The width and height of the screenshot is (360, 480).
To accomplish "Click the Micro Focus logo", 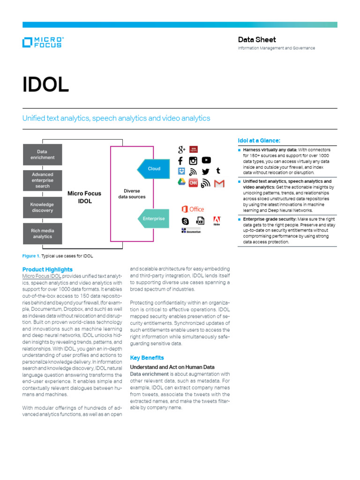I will click(x=42, y=42).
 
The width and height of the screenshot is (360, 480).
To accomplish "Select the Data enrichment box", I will click(x=42, y=154).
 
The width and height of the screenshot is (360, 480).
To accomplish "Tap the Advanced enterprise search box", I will click(x=42, y=180).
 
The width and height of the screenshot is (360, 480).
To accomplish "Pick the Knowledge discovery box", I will click(x=42, y=207).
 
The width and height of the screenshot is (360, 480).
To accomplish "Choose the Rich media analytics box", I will click(x=42, y=233).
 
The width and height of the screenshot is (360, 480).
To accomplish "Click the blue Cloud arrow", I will click(x=151, y=169).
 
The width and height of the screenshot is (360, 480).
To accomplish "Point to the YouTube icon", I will click(x=206, y=160).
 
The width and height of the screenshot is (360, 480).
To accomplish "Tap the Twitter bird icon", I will click(x=205, y=172).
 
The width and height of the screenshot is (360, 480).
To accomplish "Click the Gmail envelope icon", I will click(x=219, y=183).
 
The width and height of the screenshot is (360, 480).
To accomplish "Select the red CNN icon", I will click(x=193, y=183).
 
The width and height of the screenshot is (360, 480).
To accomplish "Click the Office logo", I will click(x=193, y=209).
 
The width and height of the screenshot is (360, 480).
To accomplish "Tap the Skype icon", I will click(x=185, y=221).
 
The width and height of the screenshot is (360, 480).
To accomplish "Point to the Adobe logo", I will click(x=217, y=221).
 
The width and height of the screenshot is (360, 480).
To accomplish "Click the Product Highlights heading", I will click(x=47, y=270).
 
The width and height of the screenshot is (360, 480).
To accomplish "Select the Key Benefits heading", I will click(x=147, y=358).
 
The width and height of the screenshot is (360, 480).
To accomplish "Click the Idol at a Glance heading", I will click(x=259, y=140).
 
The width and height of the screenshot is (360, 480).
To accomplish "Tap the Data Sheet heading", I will click(x=257, y=40).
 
